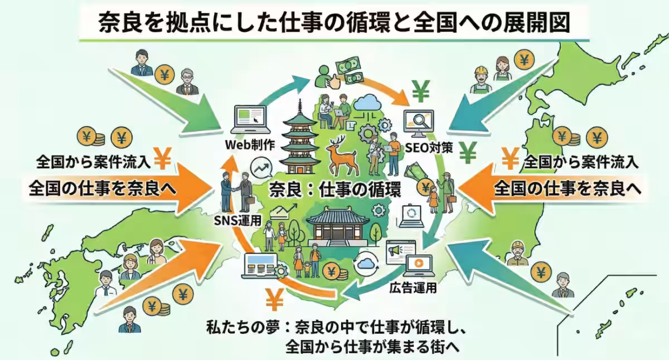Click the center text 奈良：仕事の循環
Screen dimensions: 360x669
[x=334, y=189]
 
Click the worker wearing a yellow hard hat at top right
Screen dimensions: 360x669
[x=480, y=79]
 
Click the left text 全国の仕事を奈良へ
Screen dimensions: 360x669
[x=103, y=188]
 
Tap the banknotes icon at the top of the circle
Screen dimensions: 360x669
[x=348, y=72]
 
